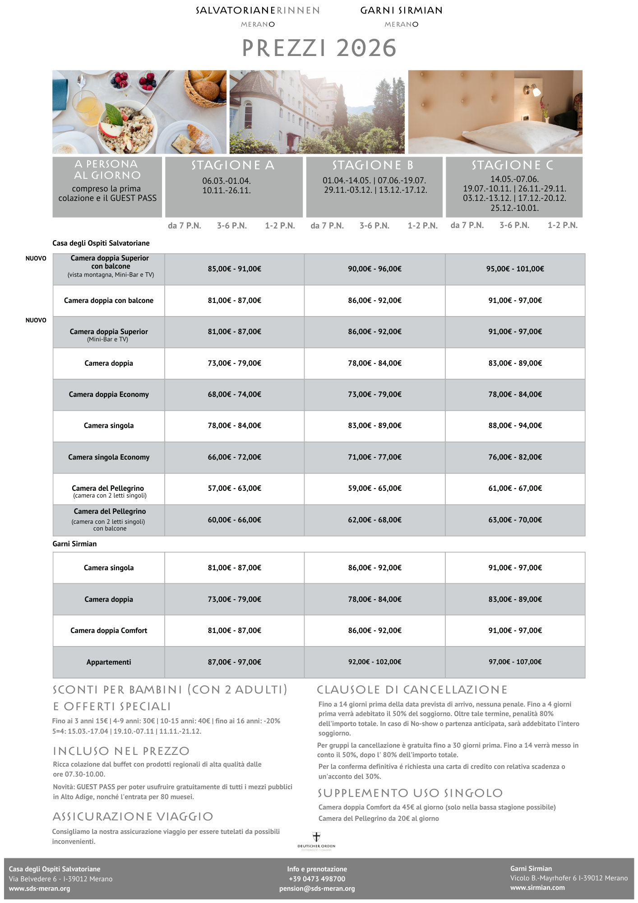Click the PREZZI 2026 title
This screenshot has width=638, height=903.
[x=319, y=48]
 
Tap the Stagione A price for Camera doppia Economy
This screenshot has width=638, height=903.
[x=234, y=395]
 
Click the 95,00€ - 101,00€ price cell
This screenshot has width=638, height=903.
[x=515, y=269]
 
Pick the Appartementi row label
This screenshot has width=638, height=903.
[x=109, y=662]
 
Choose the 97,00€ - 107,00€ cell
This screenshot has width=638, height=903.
[x=515, y=662]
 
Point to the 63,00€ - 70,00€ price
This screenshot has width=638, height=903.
[x=515, y=520]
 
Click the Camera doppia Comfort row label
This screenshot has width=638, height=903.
[x=109, y=631]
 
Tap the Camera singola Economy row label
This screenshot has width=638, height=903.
[x=109, y=457]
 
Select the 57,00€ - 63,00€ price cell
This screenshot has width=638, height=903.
[x=234, y=489]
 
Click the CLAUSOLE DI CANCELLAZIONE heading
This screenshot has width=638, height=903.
[x=412, y=690]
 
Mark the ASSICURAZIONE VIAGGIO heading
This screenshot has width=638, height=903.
[x=133, y=817]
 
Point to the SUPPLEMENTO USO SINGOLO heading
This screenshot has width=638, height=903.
[x=410, y=793]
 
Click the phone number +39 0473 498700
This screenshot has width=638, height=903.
[x=317, y=879]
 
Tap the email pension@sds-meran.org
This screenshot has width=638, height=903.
[x=317, y=889]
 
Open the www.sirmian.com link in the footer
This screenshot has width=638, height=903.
[x=537, y=888]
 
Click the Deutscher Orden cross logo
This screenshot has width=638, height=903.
[x=316, y=837]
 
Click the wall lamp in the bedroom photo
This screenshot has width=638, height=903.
[x=532, y=90]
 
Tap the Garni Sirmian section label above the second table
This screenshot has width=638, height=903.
[x=74, y=544]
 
